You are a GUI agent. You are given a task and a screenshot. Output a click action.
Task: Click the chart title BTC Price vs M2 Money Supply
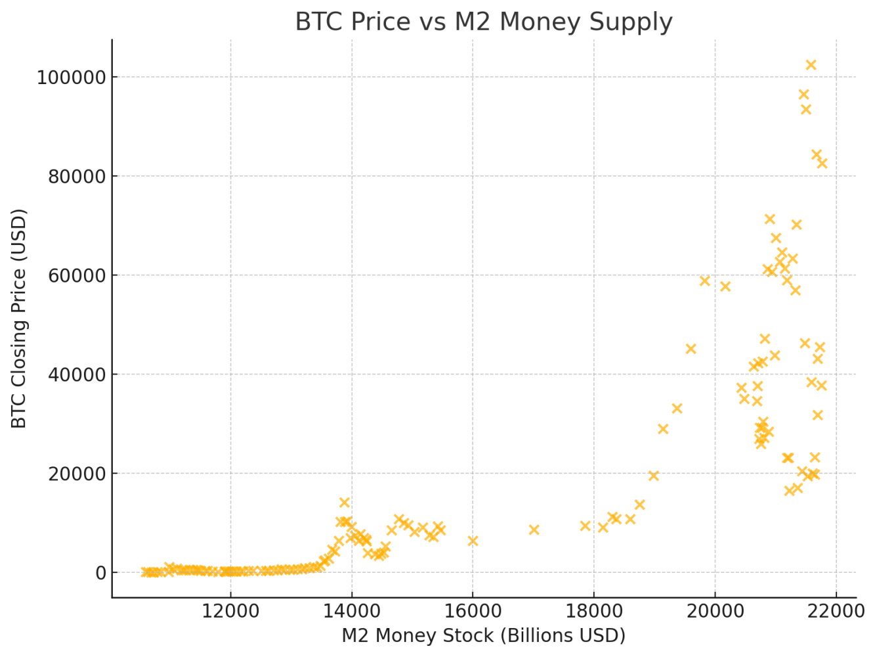(x=484, y=22)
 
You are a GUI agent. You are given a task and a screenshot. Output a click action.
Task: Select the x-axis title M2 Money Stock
(x=483, y=636)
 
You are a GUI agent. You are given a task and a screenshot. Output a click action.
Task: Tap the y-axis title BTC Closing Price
(x=19, y=319)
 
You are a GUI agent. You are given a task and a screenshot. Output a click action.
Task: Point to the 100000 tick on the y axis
(x=72, y=78)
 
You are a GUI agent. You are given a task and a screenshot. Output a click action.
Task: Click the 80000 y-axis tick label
(x=77, y=177)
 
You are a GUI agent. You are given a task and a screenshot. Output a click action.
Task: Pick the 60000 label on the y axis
(x=77, y=276)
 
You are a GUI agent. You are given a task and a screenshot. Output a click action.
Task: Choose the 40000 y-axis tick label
(x=77, y=374)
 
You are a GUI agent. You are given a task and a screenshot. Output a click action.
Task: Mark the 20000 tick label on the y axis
(x=77, y=474)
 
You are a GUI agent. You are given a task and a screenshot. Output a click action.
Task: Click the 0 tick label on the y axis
(x=100, y=573)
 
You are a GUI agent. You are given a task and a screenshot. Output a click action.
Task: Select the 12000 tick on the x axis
(x=230, y=611)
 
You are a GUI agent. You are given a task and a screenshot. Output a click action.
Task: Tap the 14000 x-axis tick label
(x=351, y=611)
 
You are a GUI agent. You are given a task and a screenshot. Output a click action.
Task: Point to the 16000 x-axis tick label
(x=473, y=611)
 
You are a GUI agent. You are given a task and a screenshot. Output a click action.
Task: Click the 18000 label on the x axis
(x=593, y=611)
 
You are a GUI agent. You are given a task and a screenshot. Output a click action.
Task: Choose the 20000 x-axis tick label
(x=715, y=611)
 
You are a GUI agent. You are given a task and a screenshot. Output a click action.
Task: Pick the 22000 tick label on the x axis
(x=836, y=611)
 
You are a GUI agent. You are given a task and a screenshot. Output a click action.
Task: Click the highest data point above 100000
(x=811, y=65)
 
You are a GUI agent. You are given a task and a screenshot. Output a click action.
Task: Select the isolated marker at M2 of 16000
(x=473, y=541)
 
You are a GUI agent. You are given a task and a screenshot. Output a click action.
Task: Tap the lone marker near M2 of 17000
(x=534, y=530)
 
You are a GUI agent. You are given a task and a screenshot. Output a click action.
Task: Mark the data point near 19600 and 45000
(x=691, y=349)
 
